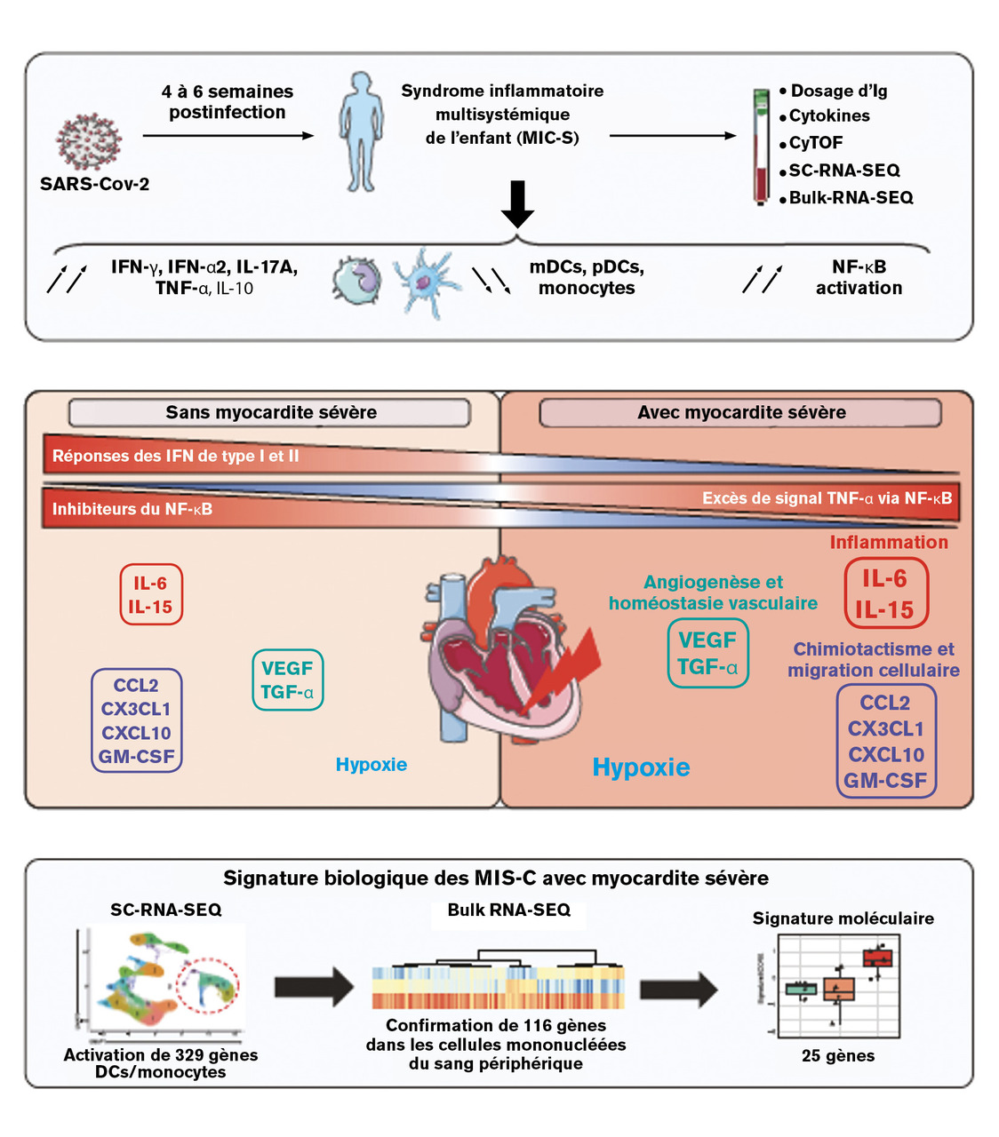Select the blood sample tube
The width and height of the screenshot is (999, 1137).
click(x=761, y=147)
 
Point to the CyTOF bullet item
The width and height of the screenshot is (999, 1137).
click(x=815, y=142)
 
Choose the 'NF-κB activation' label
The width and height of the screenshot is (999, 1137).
click(x=859, y=277)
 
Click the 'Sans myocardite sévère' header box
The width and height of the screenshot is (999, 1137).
click(x=270, y=412)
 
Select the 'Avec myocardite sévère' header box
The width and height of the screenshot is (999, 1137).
click(x=740, y=412)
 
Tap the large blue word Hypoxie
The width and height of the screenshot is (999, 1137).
click(x=641, y=767)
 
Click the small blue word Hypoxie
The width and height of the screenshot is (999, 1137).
click(x=372, y=765)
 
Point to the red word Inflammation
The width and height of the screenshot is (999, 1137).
click(x=889, y=542)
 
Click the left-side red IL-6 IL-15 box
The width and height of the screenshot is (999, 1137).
click(x=151, y=595)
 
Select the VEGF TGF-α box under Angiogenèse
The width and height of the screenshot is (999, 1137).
click(x=707, y=654)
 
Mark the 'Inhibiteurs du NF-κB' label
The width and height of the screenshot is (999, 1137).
click(x=132, y=509)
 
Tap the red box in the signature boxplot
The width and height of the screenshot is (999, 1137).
click(x=877, y=958)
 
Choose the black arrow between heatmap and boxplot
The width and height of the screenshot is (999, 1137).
click(x=678, y=989)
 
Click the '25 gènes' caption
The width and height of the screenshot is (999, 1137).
click(x=838, y=1056)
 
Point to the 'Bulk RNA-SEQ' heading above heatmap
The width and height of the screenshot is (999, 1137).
click(x=508, y=910)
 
